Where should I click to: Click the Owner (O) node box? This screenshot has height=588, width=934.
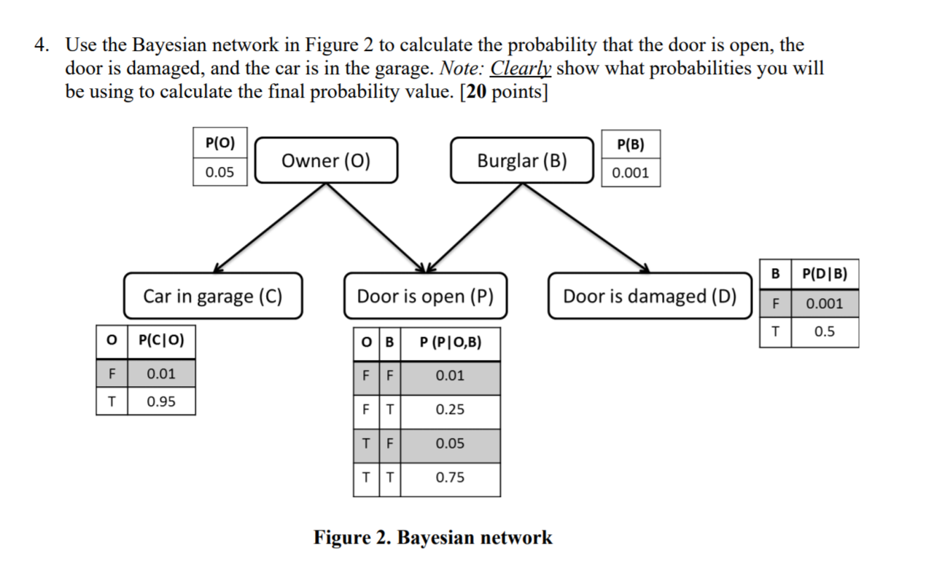tap(326, 160)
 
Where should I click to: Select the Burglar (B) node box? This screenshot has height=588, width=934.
tap(522, 160)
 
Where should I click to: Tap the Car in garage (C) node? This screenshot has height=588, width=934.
tap(212, 296)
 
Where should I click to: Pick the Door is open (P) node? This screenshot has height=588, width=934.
tap(425, 296)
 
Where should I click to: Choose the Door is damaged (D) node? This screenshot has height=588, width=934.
tap(649, 296)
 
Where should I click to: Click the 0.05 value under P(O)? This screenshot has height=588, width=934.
tap(220, 173)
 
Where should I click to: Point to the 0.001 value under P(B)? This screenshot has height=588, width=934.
tap(630, 173)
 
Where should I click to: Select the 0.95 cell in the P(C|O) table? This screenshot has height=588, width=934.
tap(161, 401)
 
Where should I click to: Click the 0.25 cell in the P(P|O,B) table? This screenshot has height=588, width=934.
tap(450, 409)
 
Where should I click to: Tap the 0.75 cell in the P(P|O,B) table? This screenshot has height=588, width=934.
tap(450, 478)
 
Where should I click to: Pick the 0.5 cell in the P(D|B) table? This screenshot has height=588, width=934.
tap(824, 332)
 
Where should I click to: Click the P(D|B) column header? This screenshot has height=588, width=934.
tap(824, 274)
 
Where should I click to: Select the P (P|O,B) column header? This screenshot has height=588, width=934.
tap(450, 342)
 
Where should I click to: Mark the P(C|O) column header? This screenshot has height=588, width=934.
tap(161, 340)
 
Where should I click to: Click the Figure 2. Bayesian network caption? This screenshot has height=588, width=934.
tap(432, 538)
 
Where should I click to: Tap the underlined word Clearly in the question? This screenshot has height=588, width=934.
tap(521, 68)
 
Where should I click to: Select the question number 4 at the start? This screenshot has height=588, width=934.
tap(41, 45)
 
